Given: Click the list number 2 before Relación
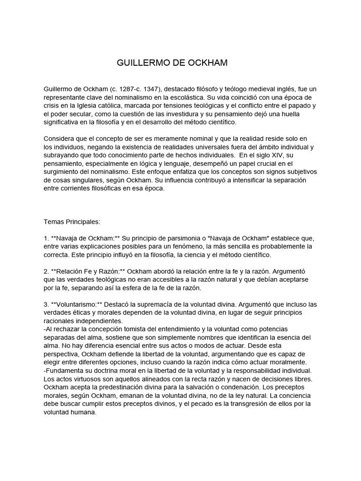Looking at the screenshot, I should coord(46,271).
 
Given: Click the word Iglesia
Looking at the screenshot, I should coord(89,106).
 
